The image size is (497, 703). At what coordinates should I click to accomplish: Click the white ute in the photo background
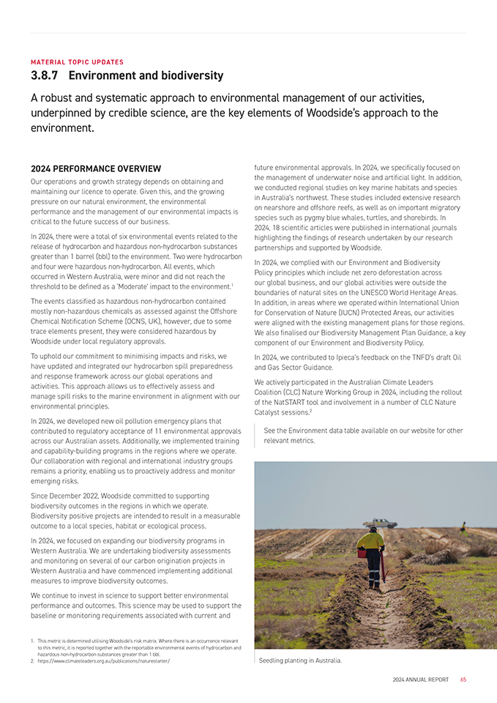[380, 523]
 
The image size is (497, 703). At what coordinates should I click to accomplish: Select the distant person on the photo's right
[463, 527]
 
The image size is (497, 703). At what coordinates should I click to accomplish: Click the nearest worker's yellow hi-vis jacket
[371, 543]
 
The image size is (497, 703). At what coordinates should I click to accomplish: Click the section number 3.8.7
[45, 75]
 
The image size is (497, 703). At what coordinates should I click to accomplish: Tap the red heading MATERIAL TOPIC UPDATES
[77, 62]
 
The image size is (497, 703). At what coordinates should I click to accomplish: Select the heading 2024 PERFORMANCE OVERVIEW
[95, 169]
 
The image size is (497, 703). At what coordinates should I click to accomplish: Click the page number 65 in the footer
[463, 680]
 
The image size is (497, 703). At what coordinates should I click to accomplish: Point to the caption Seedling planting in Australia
[301, 660]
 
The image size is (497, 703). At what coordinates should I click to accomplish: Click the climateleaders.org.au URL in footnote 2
[103, 661]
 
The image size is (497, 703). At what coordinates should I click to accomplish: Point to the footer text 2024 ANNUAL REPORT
[420, 680]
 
